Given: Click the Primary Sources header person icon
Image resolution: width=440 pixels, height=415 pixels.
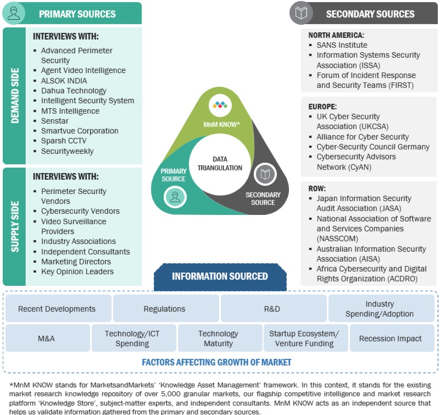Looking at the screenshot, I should pyautogui.click(x=14, y=14).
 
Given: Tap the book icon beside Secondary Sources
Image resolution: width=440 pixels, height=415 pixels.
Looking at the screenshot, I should pyautogui.click(x=302, y=14).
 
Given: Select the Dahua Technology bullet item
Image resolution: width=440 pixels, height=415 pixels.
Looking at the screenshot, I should pyautogui.click(x=74, y=91).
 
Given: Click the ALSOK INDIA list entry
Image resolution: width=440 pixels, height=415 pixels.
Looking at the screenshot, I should pyautogui.click(x=64, y=81).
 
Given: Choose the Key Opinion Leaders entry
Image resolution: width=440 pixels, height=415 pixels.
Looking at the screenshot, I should pyautogui.click(x=77, y=272).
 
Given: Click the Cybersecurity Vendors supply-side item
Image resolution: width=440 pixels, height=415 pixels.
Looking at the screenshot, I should pyautogui.click(x=80, y=211).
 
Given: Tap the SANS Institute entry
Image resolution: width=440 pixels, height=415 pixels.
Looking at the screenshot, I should pyautogui.click(x=342, y=45).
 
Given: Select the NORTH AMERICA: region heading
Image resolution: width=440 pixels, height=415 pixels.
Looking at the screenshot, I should pyautogui.click(x=336, y=35).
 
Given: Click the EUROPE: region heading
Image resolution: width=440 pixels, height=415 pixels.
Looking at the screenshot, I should pyautogui.click(x=322, y=107).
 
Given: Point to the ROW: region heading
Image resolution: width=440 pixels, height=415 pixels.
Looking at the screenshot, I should pyautogui.click(x=318, y=189).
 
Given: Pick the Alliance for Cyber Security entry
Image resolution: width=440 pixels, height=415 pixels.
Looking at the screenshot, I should pyautogui.click(x=363, y=137).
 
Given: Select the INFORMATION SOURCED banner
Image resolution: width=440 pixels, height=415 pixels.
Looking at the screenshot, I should pyautogui.click(x=220, y=276).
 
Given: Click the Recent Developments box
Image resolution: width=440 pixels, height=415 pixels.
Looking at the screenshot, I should pyautogui.click(x=57, y=309).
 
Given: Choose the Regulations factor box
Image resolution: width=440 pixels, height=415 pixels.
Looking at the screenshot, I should pyautogui.click(x=164, y=309).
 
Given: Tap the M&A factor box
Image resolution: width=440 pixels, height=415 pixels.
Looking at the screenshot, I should pyautogui.click(x=46, y=339).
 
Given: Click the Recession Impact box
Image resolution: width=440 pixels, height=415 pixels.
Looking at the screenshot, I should pyautogui.click(x=390, y=339).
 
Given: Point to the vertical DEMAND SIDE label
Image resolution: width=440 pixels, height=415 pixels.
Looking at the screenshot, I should pyautogui.click(x=14, y=96).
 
